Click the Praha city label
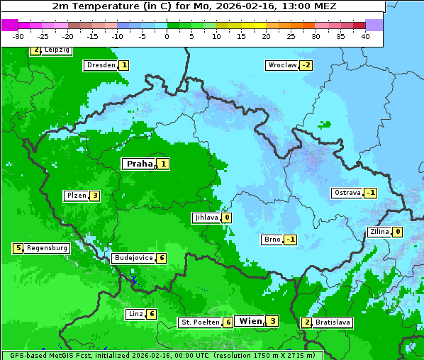click(139, 164)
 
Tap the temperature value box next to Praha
click(164, 164)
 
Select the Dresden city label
click(100, 65)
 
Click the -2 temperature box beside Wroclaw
click(306, 65)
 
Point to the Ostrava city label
click(347, 193)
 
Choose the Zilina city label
click(379, 232)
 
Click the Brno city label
click(272, 239)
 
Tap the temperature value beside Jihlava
click(227, 218)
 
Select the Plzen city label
click(76, 196)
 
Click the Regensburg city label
click(48, 248)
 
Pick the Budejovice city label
click(133, 258)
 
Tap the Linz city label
click(135, 314)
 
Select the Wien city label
click(250, 321)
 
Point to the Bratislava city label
click(333, 322)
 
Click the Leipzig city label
click(57, 50)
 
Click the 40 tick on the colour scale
click(364, 36)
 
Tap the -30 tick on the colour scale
click(18, 36)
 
